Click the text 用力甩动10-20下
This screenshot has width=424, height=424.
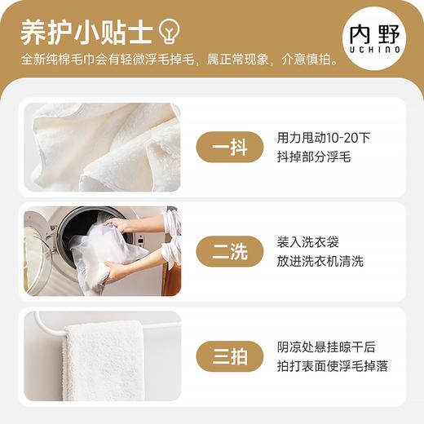(x=324, y=138)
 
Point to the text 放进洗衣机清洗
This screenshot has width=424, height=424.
(x=320, y=262)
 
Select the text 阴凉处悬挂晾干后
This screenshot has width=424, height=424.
(x=326, y=347)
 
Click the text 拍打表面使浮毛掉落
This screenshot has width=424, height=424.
(x=332, y=366)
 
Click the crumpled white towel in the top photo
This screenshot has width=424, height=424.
(x=102, y=147)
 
